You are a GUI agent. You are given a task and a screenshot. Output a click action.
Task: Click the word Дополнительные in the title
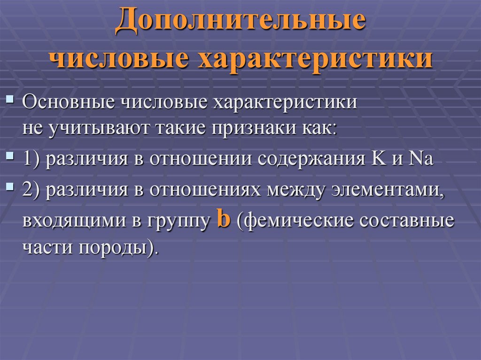[x=240, y=23]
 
